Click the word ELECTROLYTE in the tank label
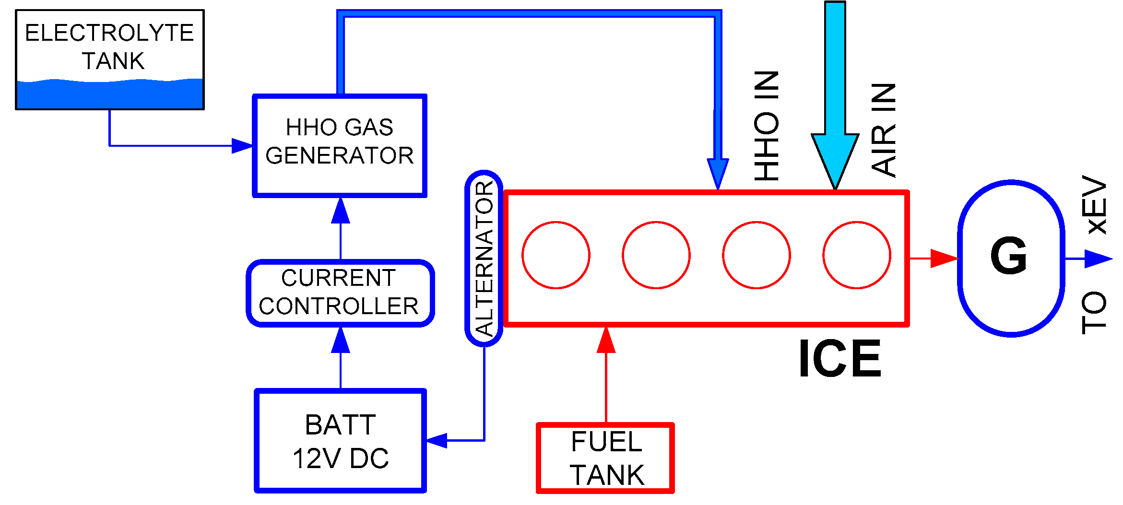[109, 34]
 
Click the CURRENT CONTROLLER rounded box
[340, 293]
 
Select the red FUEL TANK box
[606, 458]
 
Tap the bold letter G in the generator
[1009, 257]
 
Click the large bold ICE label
[839, 359]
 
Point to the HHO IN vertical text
[766, 126]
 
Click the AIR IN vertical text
[884, 129]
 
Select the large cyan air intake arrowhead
[835, 158]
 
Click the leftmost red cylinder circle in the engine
[556, 255]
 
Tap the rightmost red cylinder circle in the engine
[857, 255]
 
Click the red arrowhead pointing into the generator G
[943, 258]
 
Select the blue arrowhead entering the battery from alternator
[437, 440]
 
